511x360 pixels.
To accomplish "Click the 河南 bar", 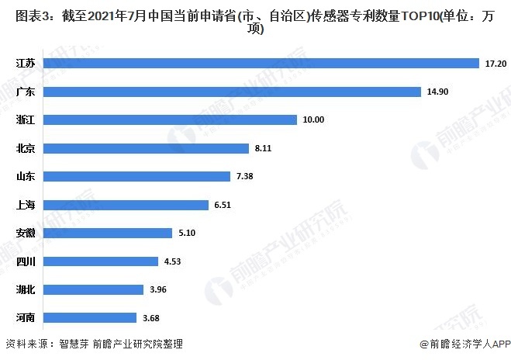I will point(91,317).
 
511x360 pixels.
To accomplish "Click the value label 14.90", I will point(437,92).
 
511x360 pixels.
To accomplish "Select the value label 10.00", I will point(313,119).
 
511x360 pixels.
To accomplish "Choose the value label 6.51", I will point(221,205).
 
